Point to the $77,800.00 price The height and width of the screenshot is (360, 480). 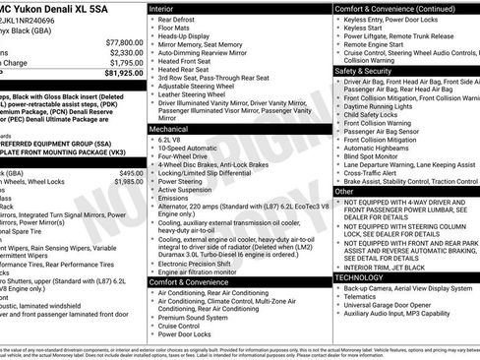pyautogui.click(x=124, y=43)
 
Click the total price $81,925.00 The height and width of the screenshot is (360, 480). pyautogui.click(x=124, y=74)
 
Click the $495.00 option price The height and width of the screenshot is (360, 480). pyautogui.click(x=130, y=173)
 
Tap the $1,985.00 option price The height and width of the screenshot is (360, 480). pyautogui.click(x=128, y=182)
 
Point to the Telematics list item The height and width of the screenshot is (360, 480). pyautogui.click(x=363, y=295)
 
